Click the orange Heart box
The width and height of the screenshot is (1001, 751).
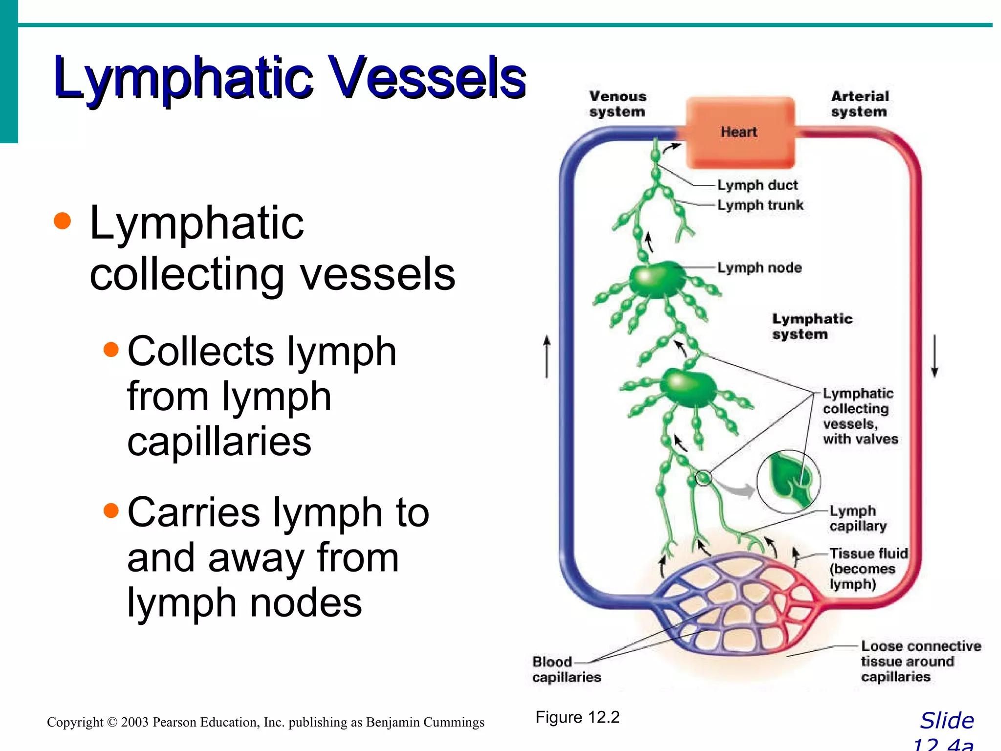740,132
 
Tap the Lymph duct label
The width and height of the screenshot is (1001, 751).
757,185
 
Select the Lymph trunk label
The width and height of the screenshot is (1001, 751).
760,205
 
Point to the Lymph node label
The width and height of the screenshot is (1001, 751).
759,268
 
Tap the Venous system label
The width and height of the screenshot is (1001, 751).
617,104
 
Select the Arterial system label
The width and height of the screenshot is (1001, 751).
860,104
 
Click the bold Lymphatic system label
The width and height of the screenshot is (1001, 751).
812,326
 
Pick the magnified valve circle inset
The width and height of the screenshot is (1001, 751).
788,481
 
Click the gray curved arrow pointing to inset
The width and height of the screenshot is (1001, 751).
738,489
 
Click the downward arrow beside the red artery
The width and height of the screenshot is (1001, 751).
934,356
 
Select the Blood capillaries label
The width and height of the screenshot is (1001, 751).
566,669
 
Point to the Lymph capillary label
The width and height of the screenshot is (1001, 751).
858,518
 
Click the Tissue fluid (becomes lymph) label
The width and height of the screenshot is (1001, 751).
868,569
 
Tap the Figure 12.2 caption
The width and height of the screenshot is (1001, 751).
577,717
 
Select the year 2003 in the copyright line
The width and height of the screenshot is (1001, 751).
134,722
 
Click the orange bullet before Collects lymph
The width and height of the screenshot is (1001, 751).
111,350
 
